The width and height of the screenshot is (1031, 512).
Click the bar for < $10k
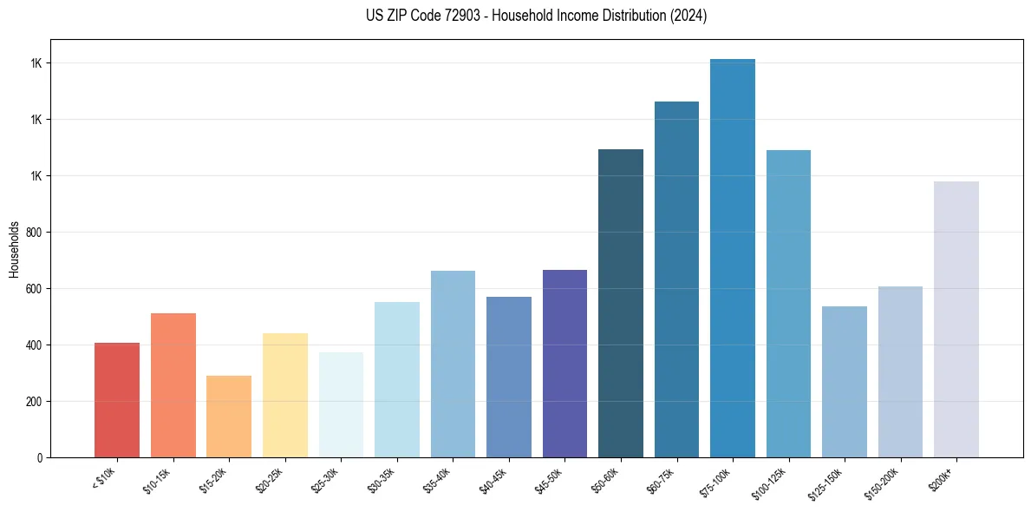click(x=117, y=400)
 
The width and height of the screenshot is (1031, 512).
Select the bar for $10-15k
click(x=173, y=385)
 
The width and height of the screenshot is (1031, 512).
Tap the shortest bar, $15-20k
click(x=229, y=417)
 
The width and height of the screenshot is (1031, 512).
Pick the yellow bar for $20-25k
click(x=284, y=396)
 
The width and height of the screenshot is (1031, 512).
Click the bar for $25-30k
click(x=341, y=405)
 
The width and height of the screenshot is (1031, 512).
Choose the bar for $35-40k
click(x=453, y=364)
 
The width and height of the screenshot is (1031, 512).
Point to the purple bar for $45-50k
click(x=564, y=364)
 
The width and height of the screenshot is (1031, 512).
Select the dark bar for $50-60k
click(x=621, y=304)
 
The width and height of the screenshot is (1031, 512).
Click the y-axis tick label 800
click(x=34, y=233)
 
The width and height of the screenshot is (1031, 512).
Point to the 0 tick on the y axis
click(x=39, y=457)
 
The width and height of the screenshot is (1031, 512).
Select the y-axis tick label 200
click(x=34, y=402)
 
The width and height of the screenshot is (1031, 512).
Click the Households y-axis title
click(x=14, y=249)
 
